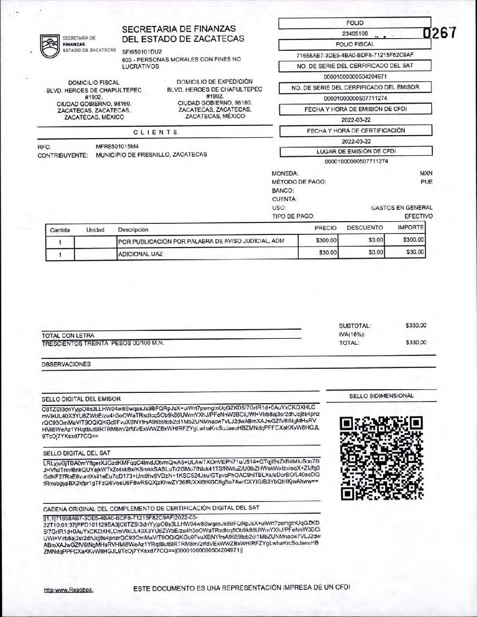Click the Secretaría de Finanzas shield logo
point(50,46)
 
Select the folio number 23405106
point(355,33)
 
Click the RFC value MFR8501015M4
point(117,147)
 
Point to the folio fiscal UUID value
point(355,55)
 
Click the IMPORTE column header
point(410,227)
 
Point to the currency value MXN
point(426,173)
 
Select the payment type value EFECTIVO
point(418,216)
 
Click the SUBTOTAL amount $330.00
point(416,326)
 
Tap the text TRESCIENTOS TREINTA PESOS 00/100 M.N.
point(103,343)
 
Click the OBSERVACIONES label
point(66,364)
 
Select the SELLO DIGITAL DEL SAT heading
point(76,453)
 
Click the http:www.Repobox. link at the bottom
point(69,590)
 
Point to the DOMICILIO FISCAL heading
point(94,83)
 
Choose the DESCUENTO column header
point(365,228)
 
